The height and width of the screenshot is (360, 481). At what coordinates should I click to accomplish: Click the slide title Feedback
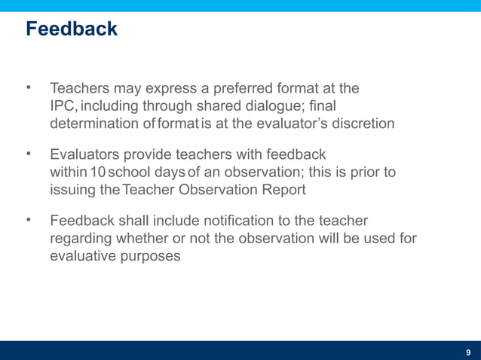(71, 29)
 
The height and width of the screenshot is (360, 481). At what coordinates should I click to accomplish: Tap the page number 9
(468, 352)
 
